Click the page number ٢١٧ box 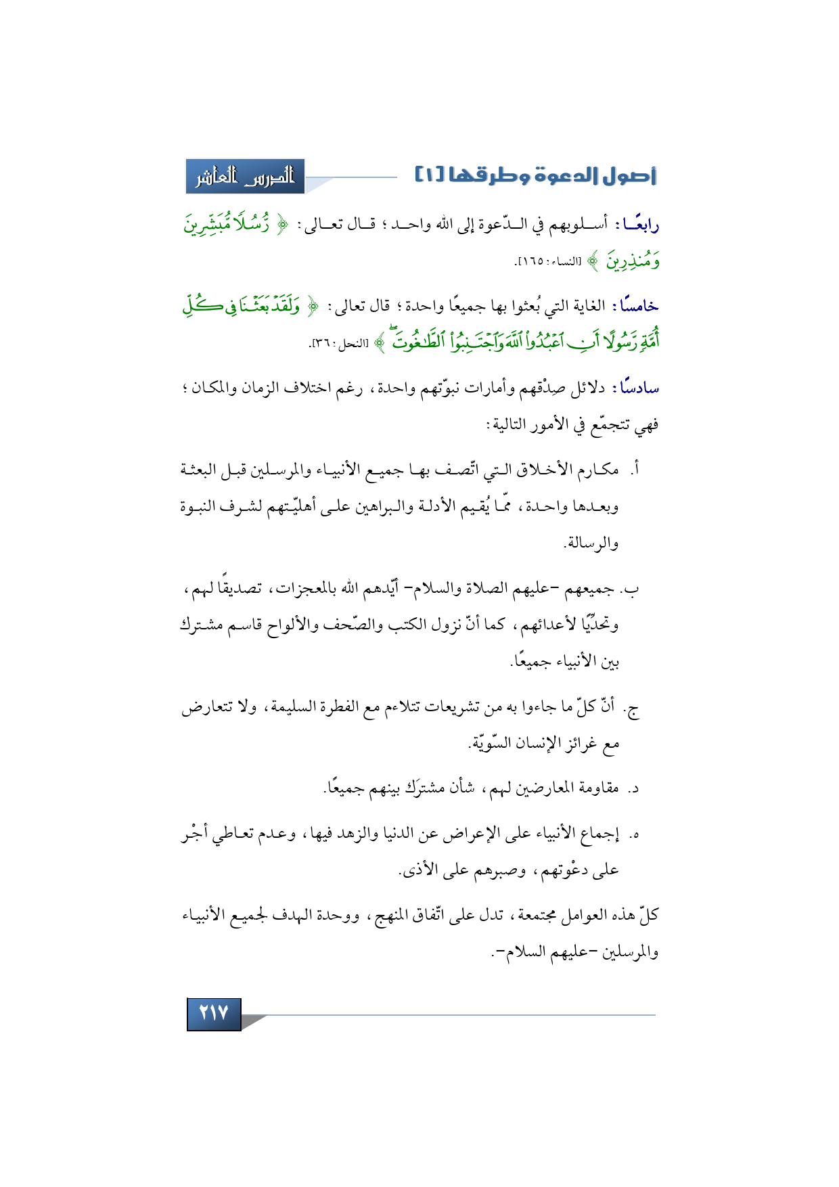point(214,1013)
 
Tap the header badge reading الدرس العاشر point(246,177)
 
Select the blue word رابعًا point(638,224)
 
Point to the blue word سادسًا point(636,388)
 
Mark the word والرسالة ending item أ point(591,543)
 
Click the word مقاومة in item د point(596,788)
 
